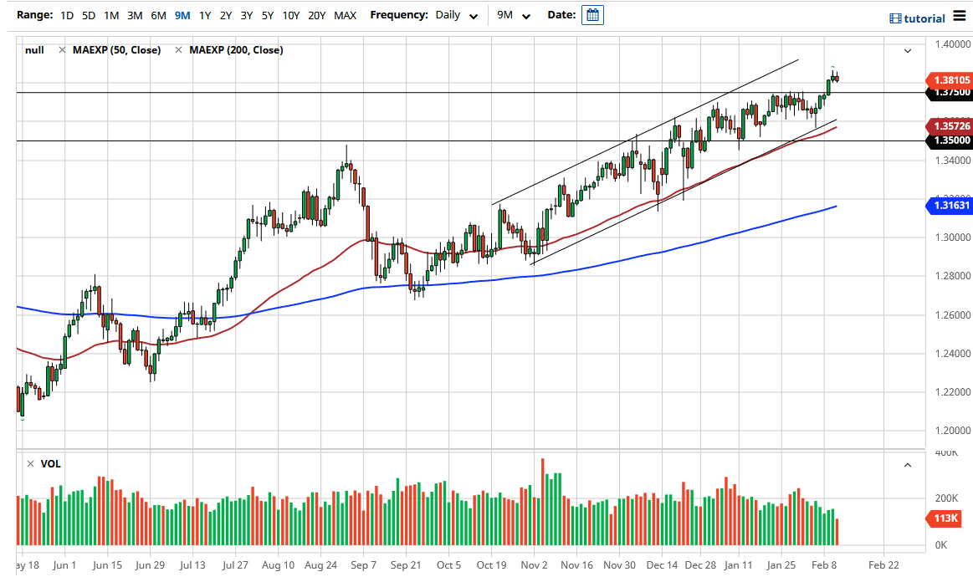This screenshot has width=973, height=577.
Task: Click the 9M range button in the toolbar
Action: pos(182,15)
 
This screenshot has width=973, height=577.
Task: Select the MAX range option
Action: pos(345,15)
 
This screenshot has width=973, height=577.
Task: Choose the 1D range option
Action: pos(67,15)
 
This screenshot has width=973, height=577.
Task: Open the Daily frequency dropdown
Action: pos(457,15)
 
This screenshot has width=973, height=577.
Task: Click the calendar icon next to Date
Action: pos(592,15)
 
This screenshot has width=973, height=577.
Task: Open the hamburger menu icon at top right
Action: pos(959,17)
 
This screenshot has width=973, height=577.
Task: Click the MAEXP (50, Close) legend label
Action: pos(116,50)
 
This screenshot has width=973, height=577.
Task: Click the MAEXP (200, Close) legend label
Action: pos(236,50)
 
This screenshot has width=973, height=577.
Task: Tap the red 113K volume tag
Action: pos(946,519)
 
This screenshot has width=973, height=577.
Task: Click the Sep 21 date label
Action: pos(406,565)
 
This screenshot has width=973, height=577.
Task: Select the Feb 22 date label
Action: pos(883,565)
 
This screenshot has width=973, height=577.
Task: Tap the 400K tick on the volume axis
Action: pos(945,452)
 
